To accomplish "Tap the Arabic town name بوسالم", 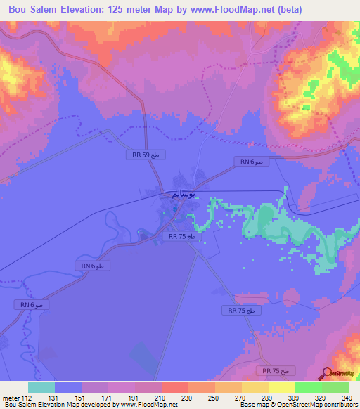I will coord(184,194).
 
